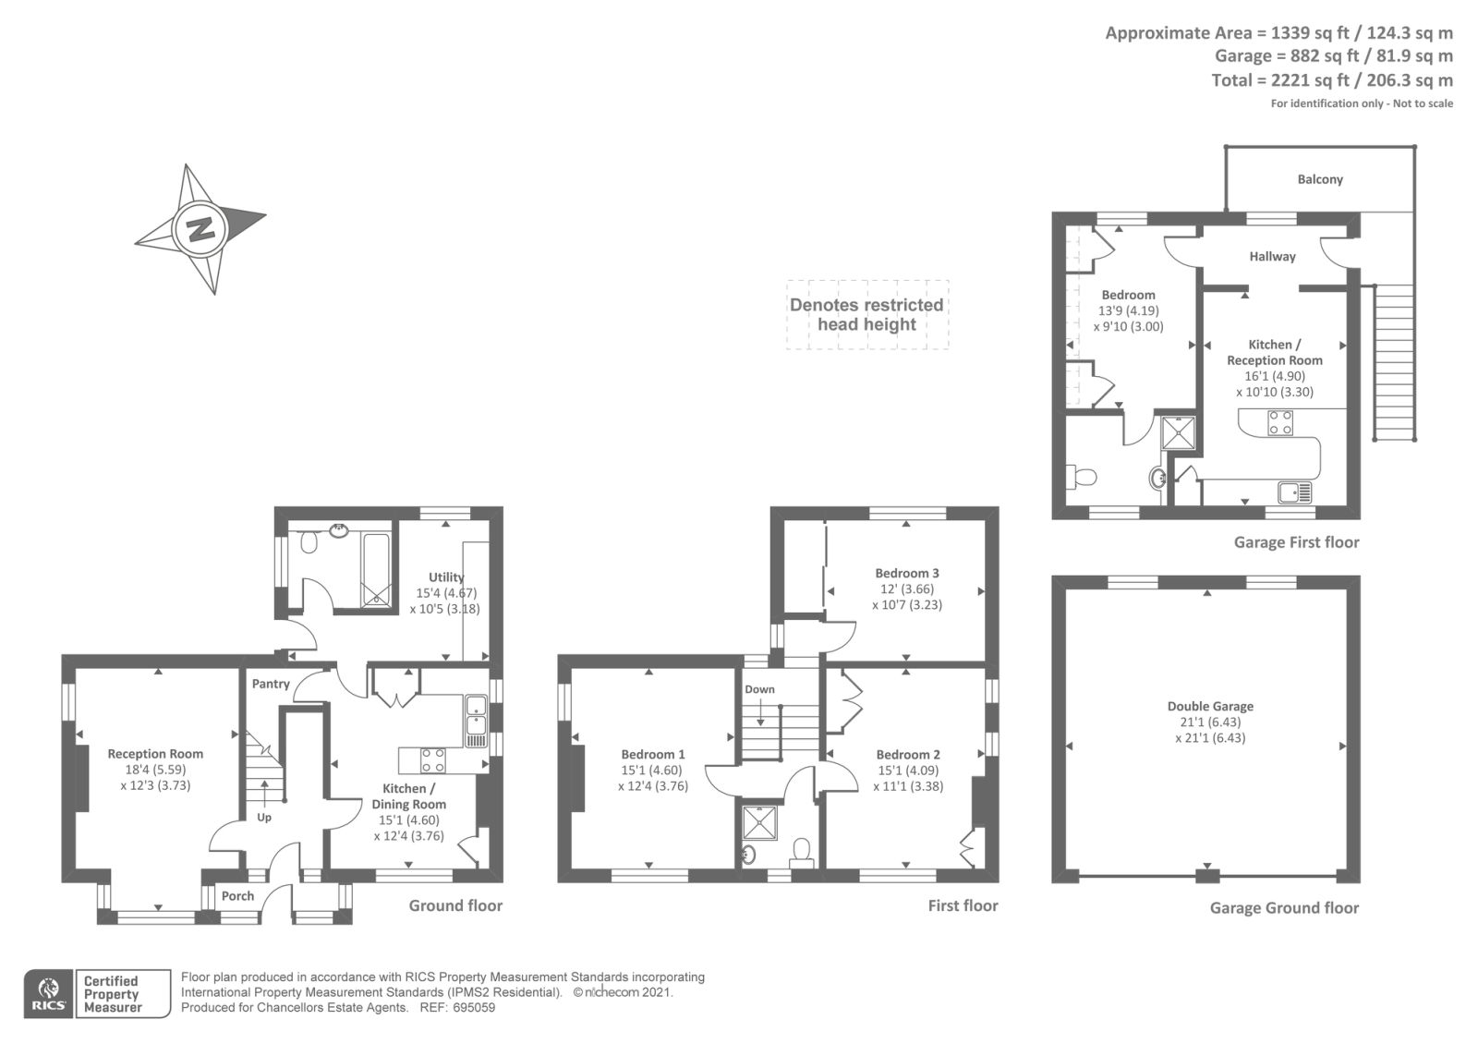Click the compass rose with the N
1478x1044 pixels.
point(199,227)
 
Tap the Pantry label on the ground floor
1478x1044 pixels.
point(271,684)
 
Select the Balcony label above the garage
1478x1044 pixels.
point(1319,179)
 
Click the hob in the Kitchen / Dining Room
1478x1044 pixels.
point(432,760)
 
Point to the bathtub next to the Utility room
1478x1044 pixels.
point(375,569)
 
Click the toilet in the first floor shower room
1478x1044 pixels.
point(802,850)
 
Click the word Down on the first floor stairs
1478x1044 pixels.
point(759,689)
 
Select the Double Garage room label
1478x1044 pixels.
point(1210,707)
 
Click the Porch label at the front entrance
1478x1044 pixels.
point(237,895)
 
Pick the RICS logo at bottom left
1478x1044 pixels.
point(48,994)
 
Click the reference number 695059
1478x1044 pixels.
point(475,1008)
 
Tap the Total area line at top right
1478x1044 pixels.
point(1331,80)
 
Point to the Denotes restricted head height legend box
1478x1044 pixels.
point(866,314)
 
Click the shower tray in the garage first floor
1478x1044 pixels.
point(1178,432)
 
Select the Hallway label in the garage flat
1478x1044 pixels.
point(1272,257)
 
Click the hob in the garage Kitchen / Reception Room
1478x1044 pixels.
point(1280,422)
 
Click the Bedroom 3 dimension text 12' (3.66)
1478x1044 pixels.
point(906,589)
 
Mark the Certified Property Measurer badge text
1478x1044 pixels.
point(112,994)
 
